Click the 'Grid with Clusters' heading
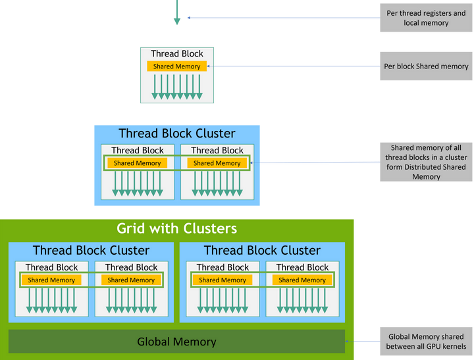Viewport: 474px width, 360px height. click(176, 229)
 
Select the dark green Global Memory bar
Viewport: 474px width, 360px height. click(176, 342)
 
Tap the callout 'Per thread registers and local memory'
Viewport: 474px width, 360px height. click(426, 18)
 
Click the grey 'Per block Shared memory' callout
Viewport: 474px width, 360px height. click(426, 66)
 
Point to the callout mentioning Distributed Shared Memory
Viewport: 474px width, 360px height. click(426, 163)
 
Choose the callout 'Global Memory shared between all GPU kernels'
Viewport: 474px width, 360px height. click(426, 342)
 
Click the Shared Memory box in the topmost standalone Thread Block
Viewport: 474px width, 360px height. click(177, 66)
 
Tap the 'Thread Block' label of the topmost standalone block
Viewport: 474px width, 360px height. click(177, 54)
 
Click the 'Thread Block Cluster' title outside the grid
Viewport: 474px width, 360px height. click(176, 134)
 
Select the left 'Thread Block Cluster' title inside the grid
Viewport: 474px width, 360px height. click(91, 251)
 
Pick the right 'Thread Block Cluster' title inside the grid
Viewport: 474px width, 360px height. click(262, 251)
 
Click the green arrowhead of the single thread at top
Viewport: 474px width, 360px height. click(176, 21)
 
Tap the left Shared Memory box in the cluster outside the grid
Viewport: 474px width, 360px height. click(137, 163)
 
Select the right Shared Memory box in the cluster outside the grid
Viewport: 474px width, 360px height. click(217, 163)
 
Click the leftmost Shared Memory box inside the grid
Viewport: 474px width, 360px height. click(51, 280)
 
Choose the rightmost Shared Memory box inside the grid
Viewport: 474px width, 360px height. click(302, 280)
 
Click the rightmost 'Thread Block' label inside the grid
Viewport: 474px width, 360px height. click(302, 267)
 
